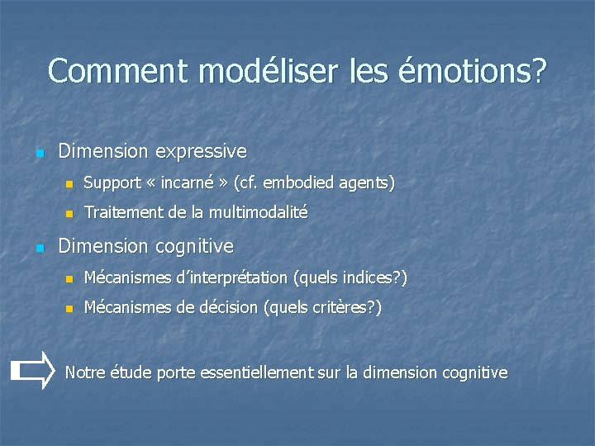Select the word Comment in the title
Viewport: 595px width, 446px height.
pyautogui.click(x=118, y=71)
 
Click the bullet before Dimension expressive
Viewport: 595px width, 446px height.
pyautogui.click(x=38, y=153)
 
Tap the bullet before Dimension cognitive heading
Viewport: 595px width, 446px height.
pyautogui.click(x=38, y=248)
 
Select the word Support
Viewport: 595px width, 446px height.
pyautogui.click(x=112, y=183)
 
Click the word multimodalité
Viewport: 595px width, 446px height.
pyautogui.click(x=258, y=212)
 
